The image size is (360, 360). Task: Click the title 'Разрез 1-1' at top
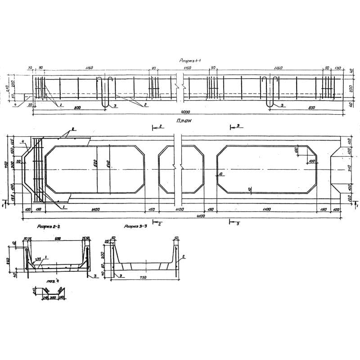tap(193, 60)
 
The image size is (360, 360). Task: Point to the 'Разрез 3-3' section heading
tap(137, 227)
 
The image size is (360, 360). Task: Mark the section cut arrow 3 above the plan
tap(235, 127)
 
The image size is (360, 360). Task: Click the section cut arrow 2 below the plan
tap(157, 222)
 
